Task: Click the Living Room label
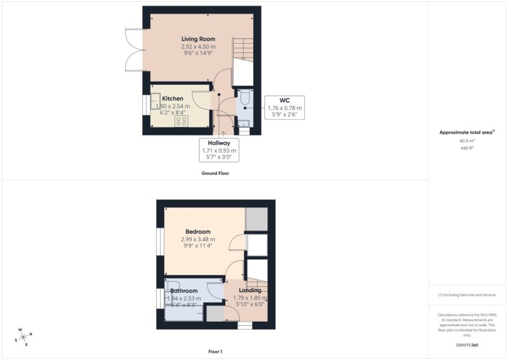coord(198,39)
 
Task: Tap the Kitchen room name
coord(173,99)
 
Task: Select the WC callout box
coord(284,108)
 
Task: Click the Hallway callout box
coord(219,150)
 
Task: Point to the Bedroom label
coord(198,231)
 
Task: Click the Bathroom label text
coord(184,291)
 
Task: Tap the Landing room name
coord(250,290)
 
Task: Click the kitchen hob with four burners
coord(182,121)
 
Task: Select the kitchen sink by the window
coord(155,101)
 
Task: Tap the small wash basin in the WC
coord(243,123)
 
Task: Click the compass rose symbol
coord(23,337)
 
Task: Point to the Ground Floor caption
coord(215,173)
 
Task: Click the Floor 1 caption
coord(215,352)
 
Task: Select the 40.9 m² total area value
coord(467,141)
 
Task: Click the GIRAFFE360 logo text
coord(467,345)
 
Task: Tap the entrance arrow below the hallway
coord(223,134)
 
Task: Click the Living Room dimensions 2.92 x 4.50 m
coord(198,47)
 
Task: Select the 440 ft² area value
coord(467,148)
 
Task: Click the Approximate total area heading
coord(467,132)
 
